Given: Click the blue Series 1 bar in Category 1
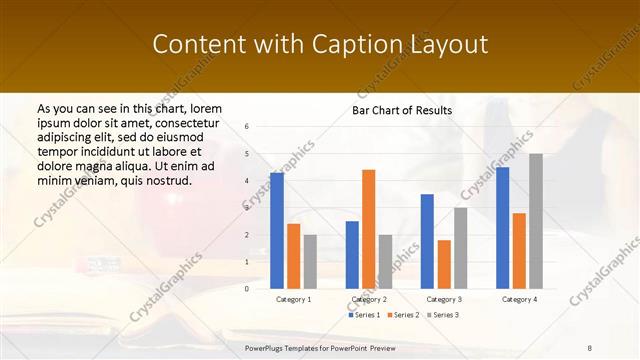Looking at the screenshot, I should [x=277, y=230].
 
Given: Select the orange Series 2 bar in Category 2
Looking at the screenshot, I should [x=368, y=228].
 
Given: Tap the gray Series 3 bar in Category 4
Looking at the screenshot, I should [x=536, y=220].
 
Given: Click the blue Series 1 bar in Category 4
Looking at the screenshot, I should [x=502, y=227].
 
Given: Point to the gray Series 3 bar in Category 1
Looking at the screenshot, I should [x=310, y=261].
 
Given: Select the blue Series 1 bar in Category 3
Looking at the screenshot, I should [x=427, y=240].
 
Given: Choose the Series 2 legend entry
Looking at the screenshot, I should [x=402, y=315].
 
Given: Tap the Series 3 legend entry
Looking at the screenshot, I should [x=442, y=315].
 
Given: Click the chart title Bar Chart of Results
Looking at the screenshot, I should [x=402, y=110].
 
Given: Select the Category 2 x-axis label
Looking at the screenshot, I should [x=368, y=299].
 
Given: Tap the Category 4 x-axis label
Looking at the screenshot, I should [x=519, y=299].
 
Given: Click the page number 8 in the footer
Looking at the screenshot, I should [x=590, y=347].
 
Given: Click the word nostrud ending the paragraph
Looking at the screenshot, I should [x=166, y=180].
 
